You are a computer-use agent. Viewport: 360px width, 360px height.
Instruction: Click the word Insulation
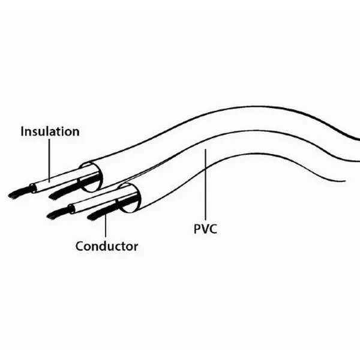[50, 131]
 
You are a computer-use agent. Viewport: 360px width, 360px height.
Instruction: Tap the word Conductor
[107, 246]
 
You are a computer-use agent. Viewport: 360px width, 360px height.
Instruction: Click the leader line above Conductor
[106, 226]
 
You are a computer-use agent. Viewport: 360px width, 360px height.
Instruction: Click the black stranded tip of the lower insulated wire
[58, 213]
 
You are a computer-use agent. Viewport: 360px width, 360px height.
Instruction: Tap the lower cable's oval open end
[130, 198]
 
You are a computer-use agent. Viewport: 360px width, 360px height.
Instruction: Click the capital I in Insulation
[23, 131]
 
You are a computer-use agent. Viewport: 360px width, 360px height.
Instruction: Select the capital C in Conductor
[80, 246]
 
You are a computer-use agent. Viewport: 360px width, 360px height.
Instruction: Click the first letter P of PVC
[196, 229]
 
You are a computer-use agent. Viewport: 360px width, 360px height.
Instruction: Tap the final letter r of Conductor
[136, 247]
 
